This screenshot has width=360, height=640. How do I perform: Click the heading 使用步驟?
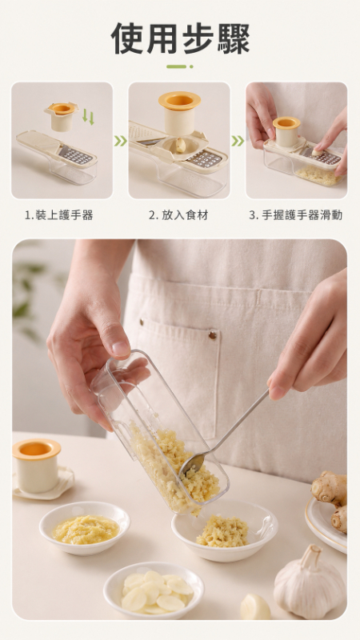180,38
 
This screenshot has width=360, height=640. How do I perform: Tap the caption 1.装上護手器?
59,215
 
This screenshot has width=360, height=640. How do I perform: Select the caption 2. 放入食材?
178,215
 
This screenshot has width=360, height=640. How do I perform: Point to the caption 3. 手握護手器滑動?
295,215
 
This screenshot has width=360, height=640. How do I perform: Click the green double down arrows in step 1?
88,117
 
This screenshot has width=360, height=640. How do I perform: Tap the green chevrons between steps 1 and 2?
121,141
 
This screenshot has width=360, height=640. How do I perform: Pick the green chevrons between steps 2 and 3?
238,141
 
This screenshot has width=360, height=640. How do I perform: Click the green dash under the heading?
179,66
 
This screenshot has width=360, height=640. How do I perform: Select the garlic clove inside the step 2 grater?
181,145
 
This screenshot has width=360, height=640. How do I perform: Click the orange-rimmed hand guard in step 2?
179,113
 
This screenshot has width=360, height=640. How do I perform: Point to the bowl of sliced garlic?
154,590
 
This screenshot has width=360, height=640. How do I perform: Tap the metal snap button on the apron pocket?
212,335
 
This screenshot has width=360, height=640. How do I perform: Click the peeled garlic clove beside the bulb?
255,607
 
